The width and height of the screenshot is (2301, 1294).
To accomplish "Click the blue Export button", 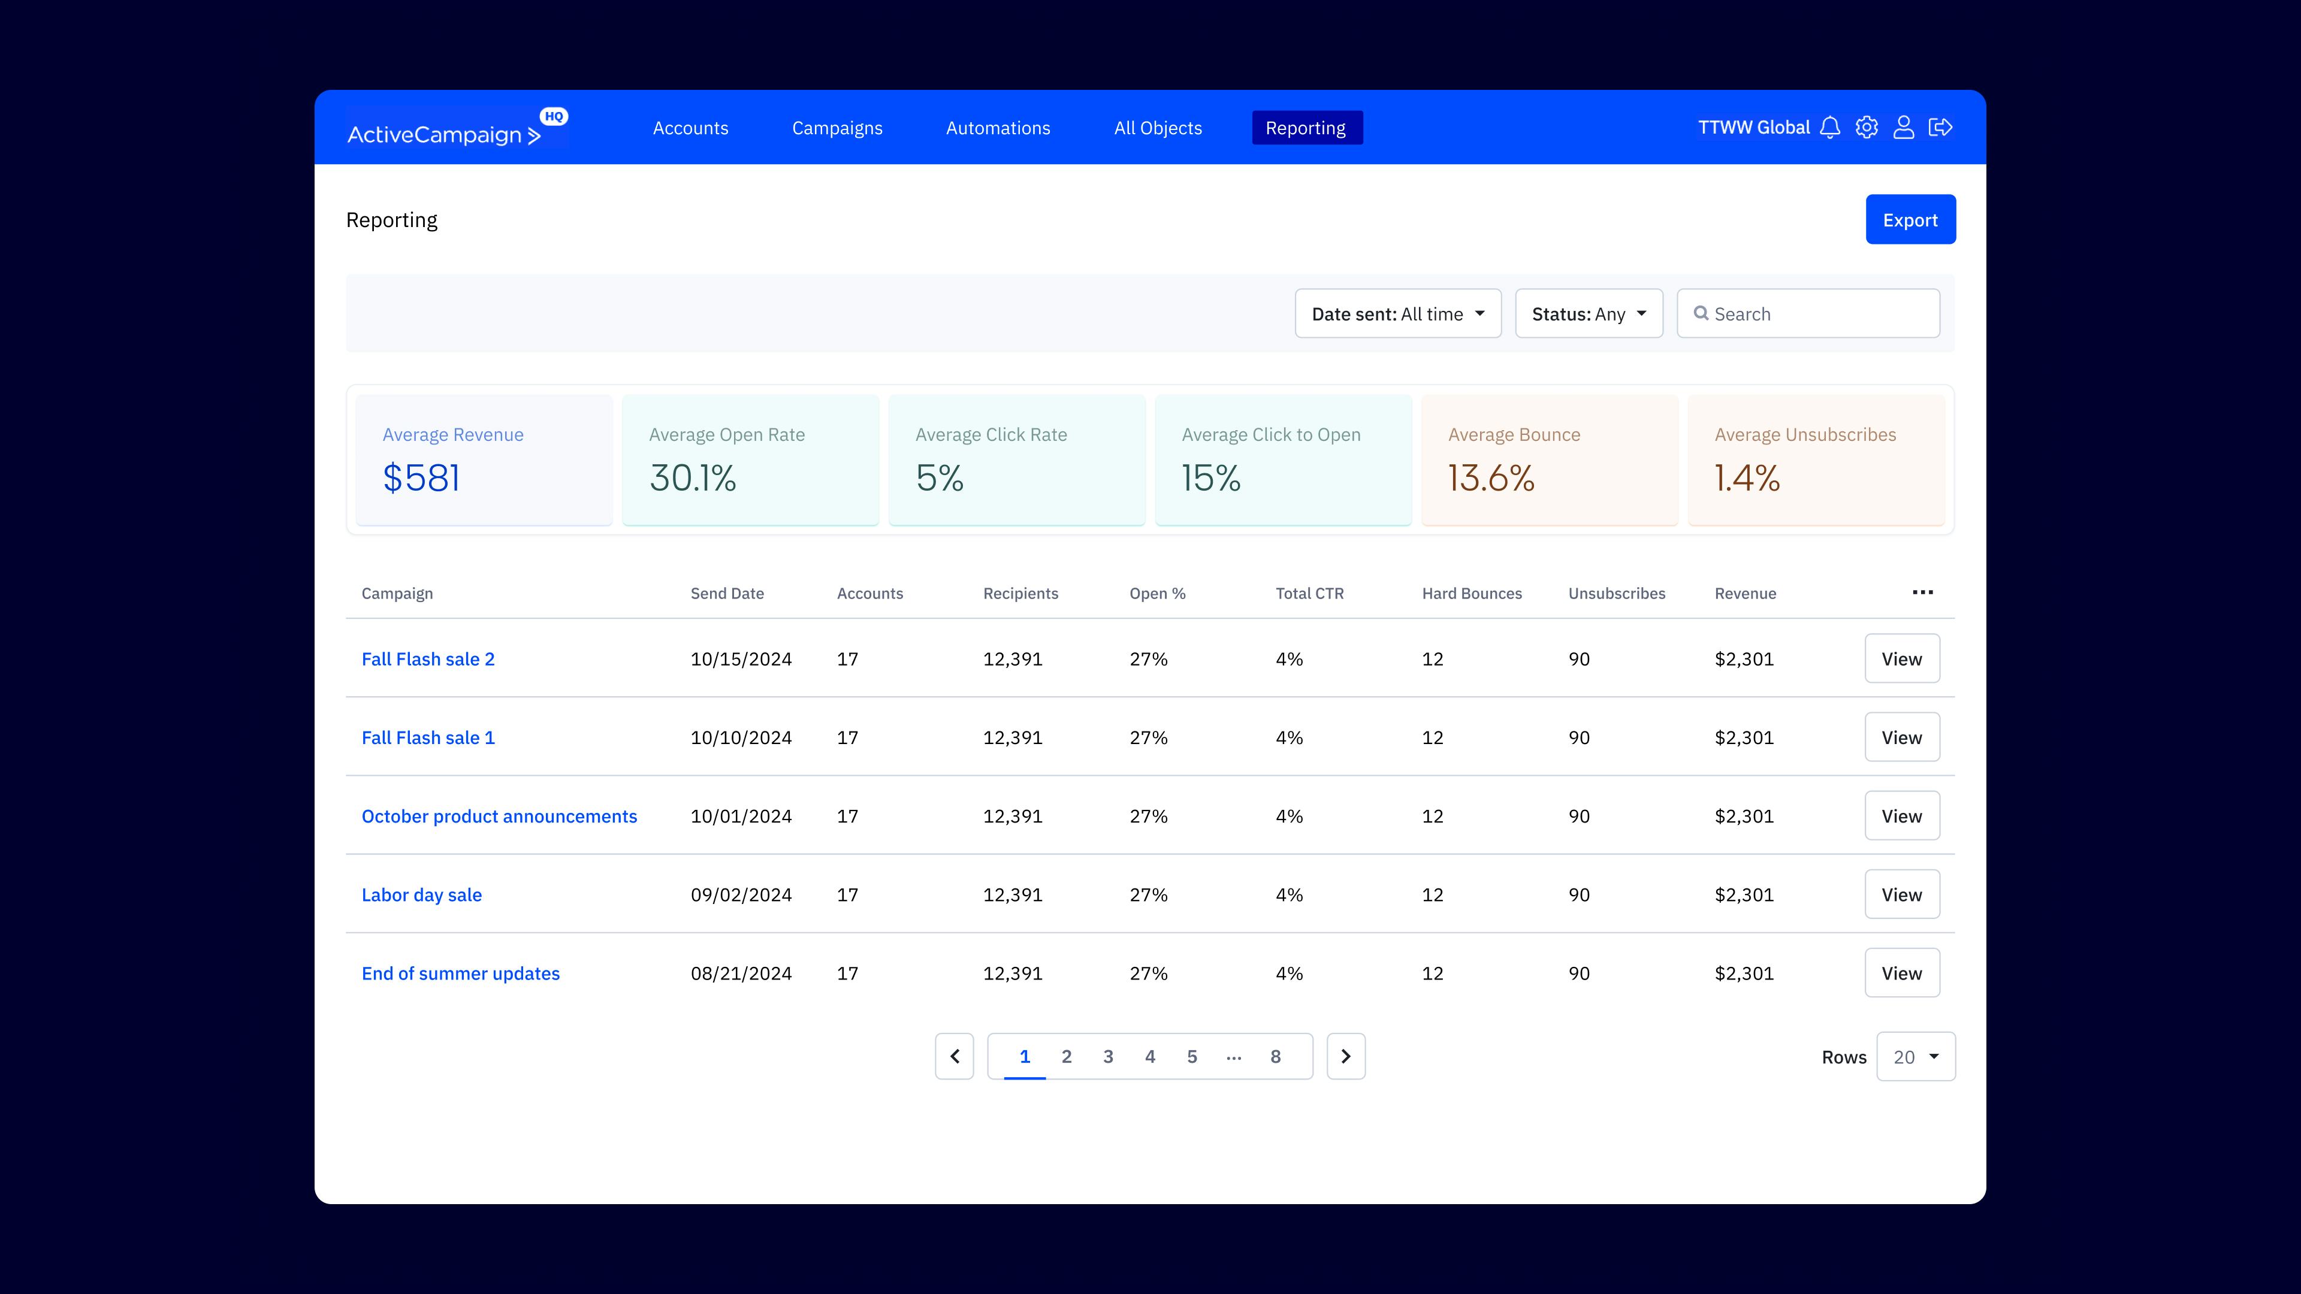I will tap(1910, 220).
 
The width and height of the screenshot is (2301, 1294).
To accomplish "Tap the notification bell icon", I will tap(1829, 128).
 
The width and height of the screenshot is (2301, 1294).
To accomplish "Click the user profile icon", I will tap(1904, 128).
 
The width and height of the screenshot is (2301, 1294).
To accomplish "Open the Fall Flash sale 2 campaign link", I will tap(428, 659).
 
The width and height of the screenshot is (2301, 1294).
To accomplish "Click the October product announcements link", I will tap(499, 816).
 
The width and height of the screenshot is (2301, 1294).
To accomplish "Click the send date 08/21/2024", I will tap(741, 973).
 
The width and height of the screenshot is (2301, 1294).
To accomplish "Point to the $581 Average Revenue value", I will tap(422, 478).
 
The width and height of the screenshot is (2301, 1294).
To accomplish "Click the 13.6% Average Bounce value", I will tap(1491, 478).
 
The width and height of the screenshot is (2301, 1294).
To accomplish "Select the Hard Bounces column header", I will tap(1471, 594).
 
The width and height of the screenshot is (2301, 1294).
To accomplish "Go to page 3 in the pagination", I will tap(1107, 1056).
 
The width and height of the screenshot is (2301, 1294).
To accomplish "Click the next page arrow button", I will tap(1345, 1056).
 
